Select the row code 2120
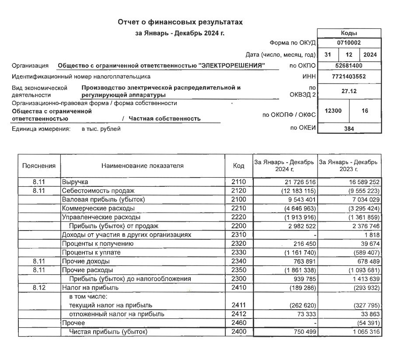238,190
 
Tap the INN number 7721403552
349,77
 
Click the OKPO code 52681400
349,66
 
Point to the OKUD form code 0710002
349,43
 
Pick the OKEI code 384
349,129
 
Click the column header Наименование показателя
143,166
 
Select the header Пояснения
39,166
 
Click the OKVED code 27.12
349,91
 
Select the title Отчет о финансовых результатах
180,21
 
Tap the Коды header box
349,33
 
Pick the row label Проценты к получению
97,244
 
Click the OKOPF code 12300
333,111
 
